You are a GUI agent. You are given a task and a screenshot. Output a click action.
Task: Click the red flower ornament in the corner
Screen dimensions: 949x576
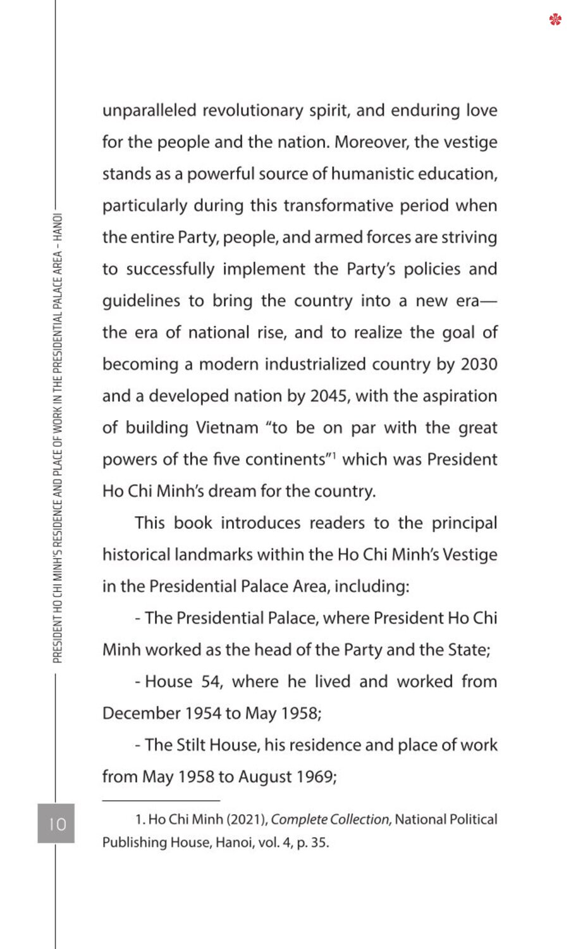(555, 20)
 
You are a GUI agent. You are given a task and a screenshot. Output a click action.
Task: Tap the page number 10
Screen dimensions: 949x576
(56, 824)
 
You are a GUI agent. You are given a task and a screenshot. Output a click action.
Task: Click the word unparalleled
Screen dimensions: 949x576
(149, 111)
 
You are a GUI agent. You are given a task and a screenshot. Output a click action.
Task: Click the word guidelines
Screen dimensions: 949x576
(141, 301)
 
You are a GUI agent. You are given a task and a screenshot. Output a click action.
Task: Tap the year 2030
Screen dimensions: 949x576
(479, 364)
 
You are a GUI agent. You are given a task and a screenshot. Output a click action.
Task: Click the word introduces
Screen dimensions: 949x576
(260, 523)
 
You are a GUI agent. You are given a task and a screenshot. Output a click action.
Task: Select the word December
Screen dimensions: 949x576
(141, 714)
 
